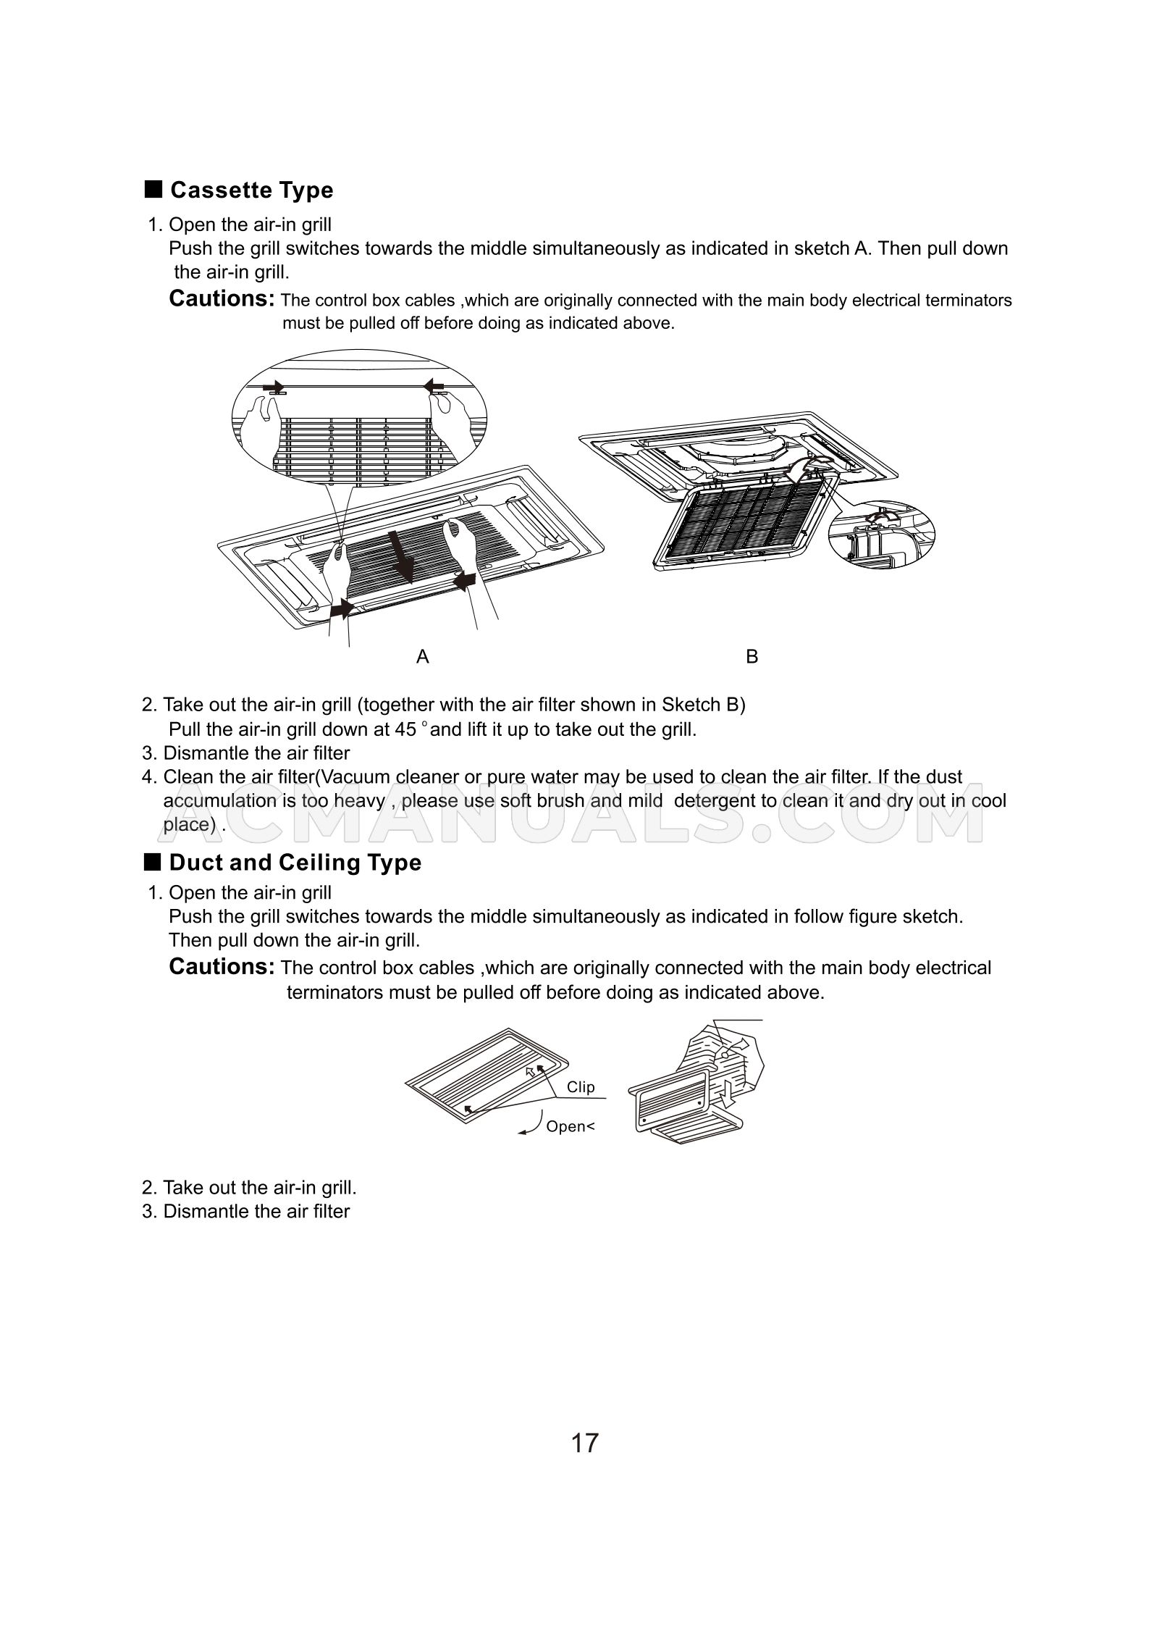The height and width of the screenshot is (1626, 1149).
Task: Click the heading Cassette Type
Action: click(x=251, y=190)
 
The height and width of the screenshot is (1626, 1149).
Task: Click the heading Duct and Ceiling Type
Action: click(x=295, y=863)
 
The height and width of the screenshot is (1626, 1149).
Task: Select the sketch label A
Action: click(x=423, y=657)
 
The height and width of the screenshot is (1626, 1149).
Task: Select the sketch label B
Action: click(x=752, y=657)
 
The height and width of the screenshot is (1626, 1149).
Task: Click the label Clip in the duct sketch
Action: click(x=581, y=1086)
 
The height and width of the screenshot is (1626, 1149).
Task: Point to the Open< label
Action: click(x=570, y=1126)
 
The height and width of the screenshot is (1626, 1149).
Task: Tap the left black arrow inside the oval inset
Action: click(x=274, y=386)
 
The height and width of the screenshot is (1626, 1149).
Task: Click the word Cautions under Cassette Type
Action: click(x=222, y=298)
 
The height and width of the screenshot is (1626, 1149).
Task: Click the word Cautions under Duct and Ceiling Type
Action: click(x=222, y=966)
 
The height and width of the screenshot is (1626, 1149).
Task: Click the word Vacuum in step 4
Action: click(x=354, y=777)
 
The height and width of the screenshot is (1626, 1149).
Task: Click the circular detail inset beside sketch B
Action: click(x=881, y=532)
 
